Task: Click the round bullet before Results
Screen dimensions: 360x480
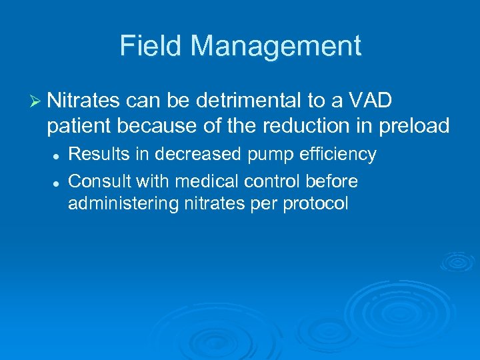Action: click(x=57, y=155)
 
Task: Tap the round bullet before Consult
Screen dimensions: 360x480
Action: click(x=57, y=182)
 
